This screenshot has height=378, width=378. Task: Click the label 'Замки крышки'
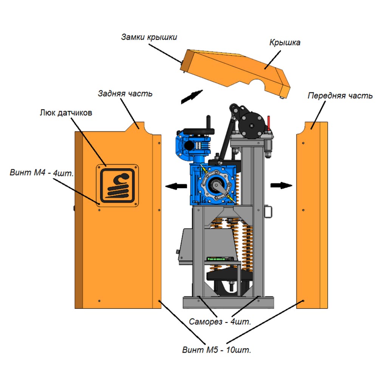pos(149,37)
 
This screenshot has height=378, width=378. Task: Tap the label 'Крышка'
pos(285,42)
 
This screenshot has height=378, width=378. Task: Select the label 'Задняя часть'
pos(125,93)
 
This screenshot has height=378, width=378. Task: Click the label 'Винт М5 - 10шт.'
pos(217,350)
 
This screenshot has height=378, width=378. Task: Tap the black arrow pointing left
pos(177,186)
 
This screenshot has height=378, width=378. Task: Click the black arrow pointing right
pos(282,185)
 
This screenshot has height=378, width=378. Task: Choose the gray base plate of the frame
pos(228,303)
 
